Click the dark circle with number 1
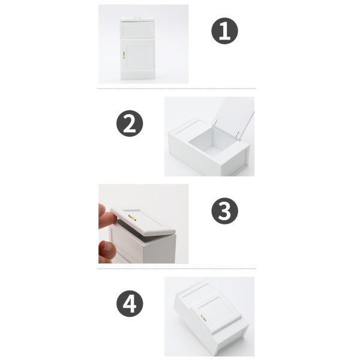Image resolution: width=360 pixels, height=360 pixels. pos(224,31)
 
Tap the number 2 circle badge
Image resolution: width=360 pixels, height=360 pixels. pos(130,124)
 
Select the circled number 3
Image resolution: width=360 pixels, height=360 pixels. pos(224,211)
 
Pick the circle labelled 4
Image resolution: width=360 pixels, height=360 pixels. pos(130,304)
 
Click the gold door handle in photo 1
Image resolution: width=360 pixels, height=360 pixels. pos(124,55)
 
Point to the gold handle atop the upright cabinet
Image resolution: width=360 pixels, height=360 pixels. pos(137,17)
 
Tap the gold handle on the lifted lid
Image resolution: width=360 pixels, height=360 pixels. pos(132,218)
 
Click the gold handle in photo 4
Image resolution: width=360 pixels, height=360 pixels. pos(203,318)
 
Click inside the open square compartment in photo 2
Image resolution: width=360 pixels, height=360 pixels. pos(205,141)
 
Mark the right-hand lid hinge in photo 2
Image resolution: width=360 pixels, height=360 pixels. pos(238,134)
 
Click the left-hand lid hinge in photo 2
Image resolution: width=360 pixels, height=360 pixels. pos(215,122)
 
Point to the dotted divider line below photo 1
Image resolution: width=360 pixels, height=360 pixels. pos(176,88)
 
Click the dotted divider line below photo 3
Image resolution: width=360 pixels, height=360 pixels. pos(176,268)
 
